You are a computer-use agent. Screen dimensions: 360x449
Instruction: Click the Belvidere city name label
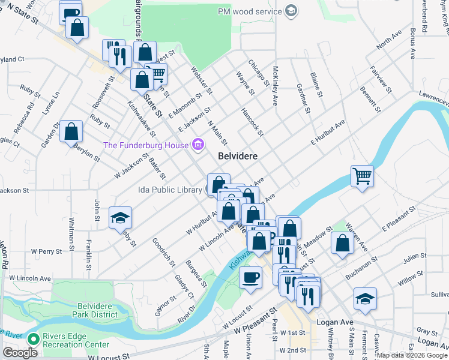(238, 155)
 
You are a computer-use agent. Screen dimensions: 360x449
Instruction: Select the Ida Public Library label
(170, 190)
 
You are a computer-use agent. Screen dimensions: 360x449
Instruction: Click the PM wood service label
(250, 11)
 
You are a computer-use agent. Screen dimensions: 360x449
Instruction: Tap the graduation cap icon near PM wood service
(291, 11)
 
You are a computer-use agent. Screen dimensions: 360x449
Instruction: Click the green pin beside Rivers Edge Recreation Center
(34, 339)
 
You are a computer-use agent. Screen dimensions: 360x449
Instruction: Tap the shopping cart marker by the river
(362, 176)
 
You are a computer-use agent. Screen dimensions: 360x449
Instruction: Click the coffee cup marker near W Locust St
(250, 277)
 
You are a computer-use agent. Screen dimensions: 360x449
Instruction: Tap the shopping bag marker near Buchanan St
(342, 243)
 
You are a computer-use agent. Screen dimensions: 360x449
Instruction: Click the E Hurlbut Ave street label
(327, 132)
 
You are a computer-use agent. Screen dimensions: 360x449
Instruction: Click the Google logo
(20, 353)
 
